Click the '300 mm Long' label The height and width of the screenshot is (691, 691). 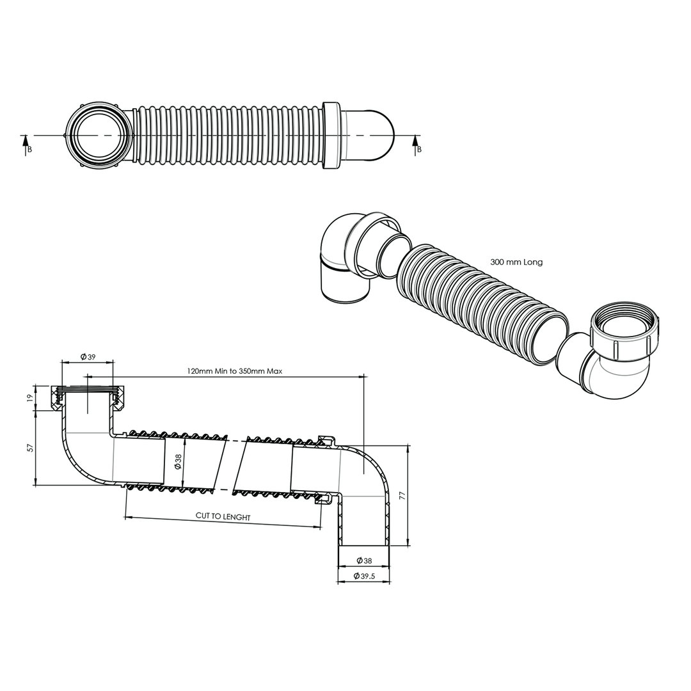[516, 262]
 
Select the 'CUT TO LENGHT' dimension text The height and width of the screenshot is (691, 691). [223, 517]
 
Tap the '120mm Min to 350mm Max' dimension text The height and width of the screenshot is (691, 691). [234, 371]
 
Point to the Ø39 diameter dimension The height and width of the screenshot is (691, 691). [88, 357]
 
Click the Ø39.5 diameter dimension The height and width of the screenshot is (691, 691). [363, 576]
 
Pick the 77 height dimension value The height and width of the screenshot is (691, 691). [402, 496]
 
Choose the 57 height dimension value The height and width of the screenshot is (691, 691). [29, 448]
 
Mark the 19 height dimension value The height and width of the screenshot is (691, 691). [29, 397]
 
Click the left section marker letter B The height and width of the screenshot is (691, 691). [29, 150]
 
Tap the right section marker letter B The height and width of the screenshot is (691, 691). [419, 150]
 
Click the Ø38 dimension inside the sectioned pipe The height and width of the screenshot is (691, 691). [178, 461]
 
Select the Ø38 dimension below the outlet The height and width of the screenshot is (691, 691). [363, 560]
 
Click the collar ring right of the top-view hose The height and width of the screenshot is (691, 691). [331, 136]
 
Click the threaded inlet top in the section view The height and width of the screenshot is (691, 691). [88, 388]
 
